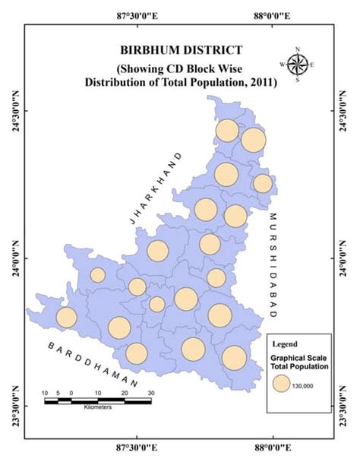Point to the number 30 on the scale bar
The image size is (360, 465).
point(150,392)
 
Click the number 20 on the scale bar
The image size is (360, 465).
point(124,392)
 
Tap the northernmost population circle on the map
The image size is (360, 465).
point(227,131)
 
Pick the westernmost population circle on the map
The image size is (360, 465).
point(66,317)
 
